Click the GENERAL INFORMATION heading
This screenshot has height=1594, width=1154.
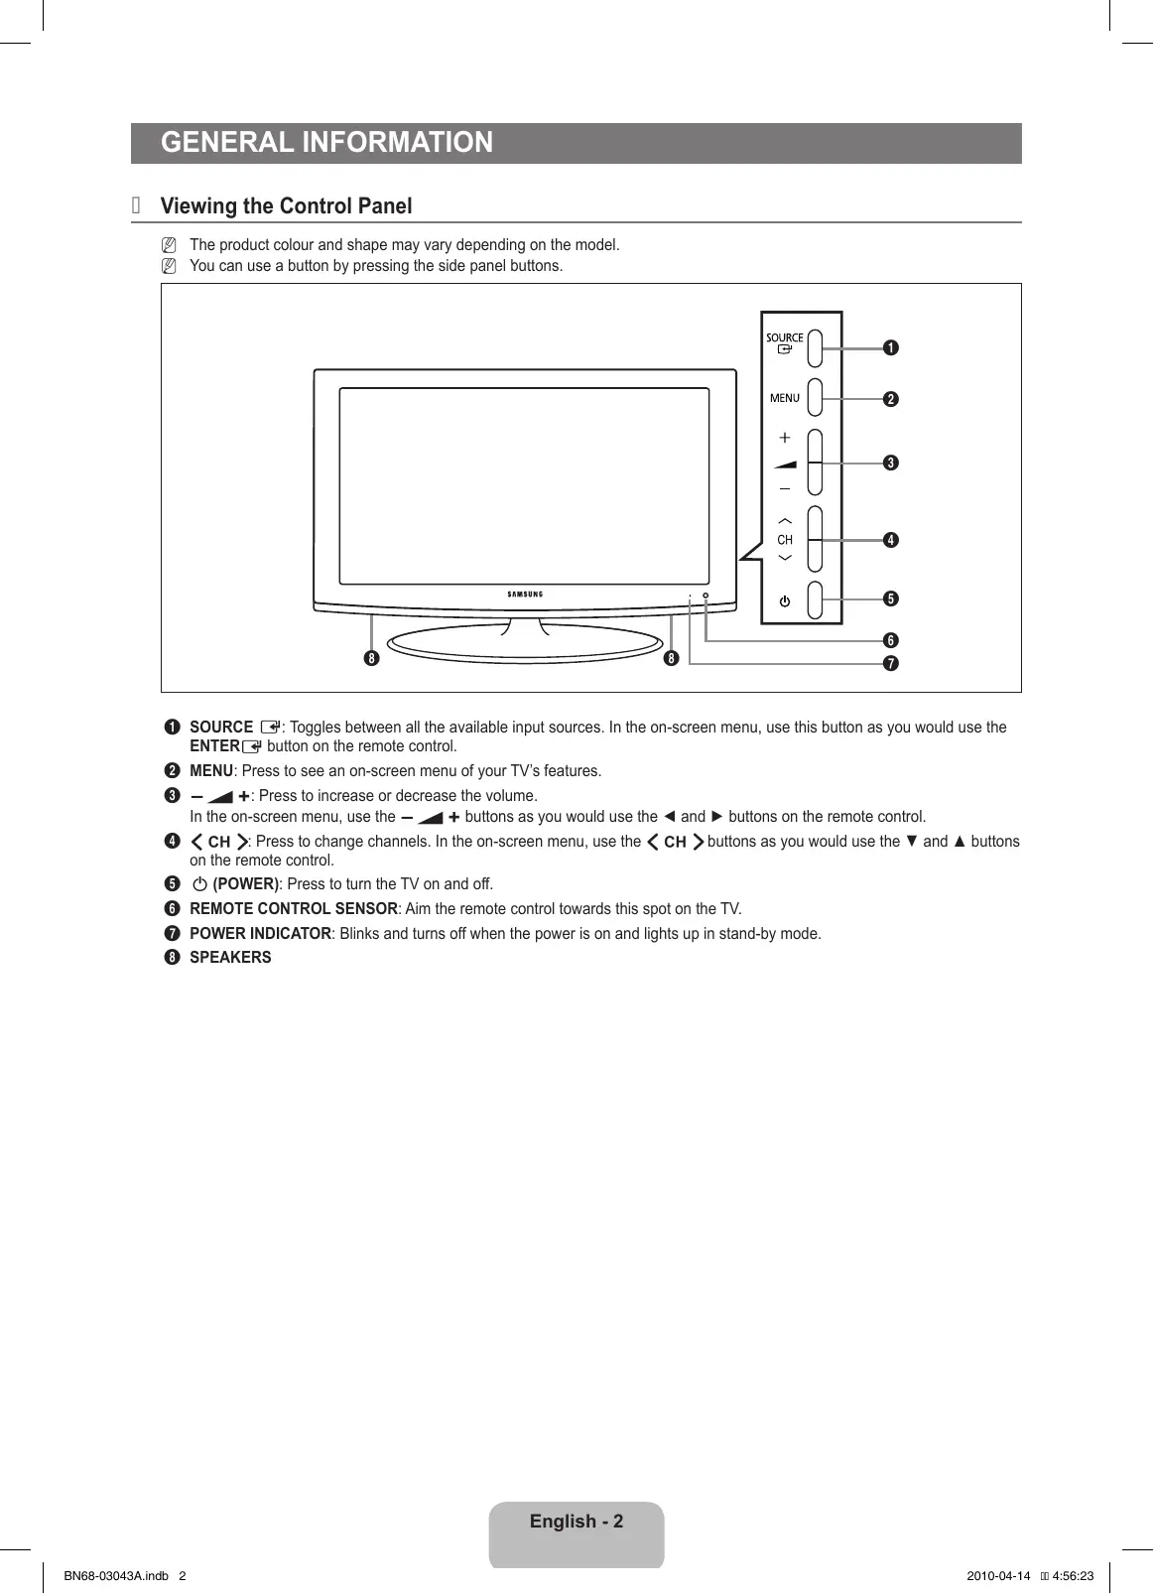click(x=326, y=143)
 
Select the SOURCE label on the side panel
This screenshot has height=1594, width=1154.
click(x=784, y=338)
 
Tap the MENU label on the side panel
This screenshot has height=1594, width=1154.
click(x=784, y=398)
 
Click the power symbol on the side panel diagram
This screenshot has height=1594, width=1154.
click(x=785, y=601)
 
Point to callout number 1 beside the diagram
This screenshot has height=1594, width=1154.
click(x=891, y=347)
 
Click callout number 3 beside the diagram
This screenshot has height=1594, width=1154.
click(x=891, y=463)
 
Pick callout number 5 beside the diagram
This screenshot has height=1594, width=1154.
click(x=891, y=598)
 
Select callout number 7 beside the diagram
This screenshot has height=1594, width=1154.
click(x=891, y=663)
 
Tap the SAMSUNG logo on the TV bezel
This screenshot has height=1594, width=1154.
click(x=525, y=595)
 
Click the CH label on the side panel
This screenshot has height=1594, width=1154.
click(x=785, y=540)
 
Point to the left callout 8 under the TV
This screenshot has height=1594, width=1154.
click(x=372, y=658)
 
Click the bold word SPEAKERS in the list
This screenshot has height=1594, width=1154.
click(x=230, y=958)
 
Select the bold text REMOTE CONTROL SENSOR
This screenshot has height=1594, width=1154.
click(x=294, y=909)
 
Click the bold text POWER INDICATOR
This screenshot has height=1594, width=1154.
click(x=260, y=934)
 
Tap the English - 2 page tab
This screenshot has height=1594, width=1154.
click(x=577, y=1523)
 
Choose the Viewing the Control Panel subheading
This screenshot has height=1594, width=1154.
click(x=286, y=206)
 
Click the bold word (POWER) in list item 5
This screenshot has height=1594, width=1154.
click(x=246, y=884)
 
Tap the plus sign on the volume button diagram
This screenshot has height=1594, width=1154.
click(x=785, y=438)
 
